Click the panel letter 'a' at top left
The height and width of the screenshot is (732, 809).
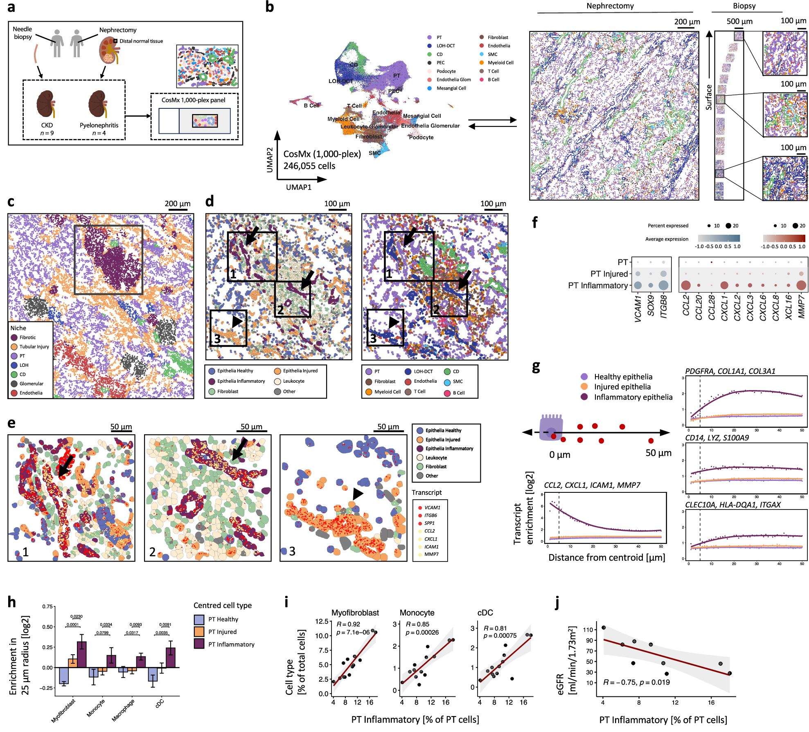11,7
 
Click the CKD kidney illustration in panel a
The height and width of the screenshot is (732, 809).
45,104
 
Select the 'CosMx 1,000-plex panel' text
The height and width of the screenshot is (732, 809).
193,100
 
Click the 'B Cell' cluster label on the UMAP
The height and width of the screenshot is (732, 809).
311,106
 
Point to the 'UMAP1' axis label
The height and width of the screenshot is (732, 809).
298,187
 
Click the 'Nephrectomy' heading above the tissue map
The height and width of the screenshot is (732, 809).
610,6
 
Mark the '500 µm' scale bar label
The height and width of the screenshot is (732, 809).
739,21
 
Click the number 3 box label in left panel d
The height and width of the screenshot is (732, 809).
217,339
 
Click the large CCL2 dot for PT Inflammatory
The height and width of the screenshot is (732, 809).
686,285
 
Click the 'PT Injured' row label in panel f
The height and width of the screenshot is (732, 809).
608,274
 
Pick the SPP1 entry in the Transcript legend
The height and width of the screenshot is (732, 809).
429,523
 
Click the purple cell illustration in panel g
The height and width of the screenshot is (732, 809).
550,427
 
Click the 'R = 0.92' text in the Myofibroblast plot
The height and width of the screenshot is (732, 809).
348,624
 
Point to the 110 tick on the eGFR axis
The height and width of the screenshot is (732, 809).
588,630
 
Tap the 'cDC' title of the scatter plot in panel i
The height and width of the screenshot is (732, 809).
485,613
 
